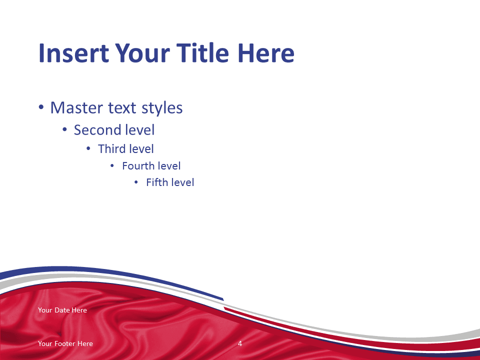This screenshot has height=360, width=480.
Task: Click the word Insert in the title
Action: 74,53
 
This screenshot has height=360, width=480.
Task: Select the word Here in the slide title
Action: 265,53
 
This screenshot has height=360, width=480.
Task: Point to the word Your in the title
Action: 142,53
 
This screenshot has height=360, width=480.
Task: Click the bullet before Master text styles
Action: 41,107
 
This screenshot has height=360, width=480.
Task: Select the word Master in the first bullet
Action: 76,108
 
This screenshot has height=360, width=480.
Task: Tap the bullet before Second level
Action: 64,130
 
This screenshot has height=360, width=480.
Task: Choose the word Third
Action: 111,149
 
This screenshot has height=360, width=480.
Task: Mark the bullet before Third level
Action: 88,149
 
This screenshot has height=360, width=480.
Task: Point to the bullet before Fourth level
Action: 112,166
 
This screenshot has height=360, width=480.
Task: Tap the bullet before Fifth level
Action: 136,182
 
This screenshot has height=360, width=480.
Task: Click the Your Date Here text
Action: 62,310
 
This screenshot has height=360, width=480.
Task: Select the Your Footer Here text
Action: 65,343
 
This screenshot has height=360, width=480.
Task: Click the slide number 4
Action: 240,343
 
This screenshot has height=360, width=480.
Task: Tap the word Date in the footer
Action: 62,310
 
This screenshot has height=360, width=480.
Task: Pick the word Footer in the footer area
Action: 65,343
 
